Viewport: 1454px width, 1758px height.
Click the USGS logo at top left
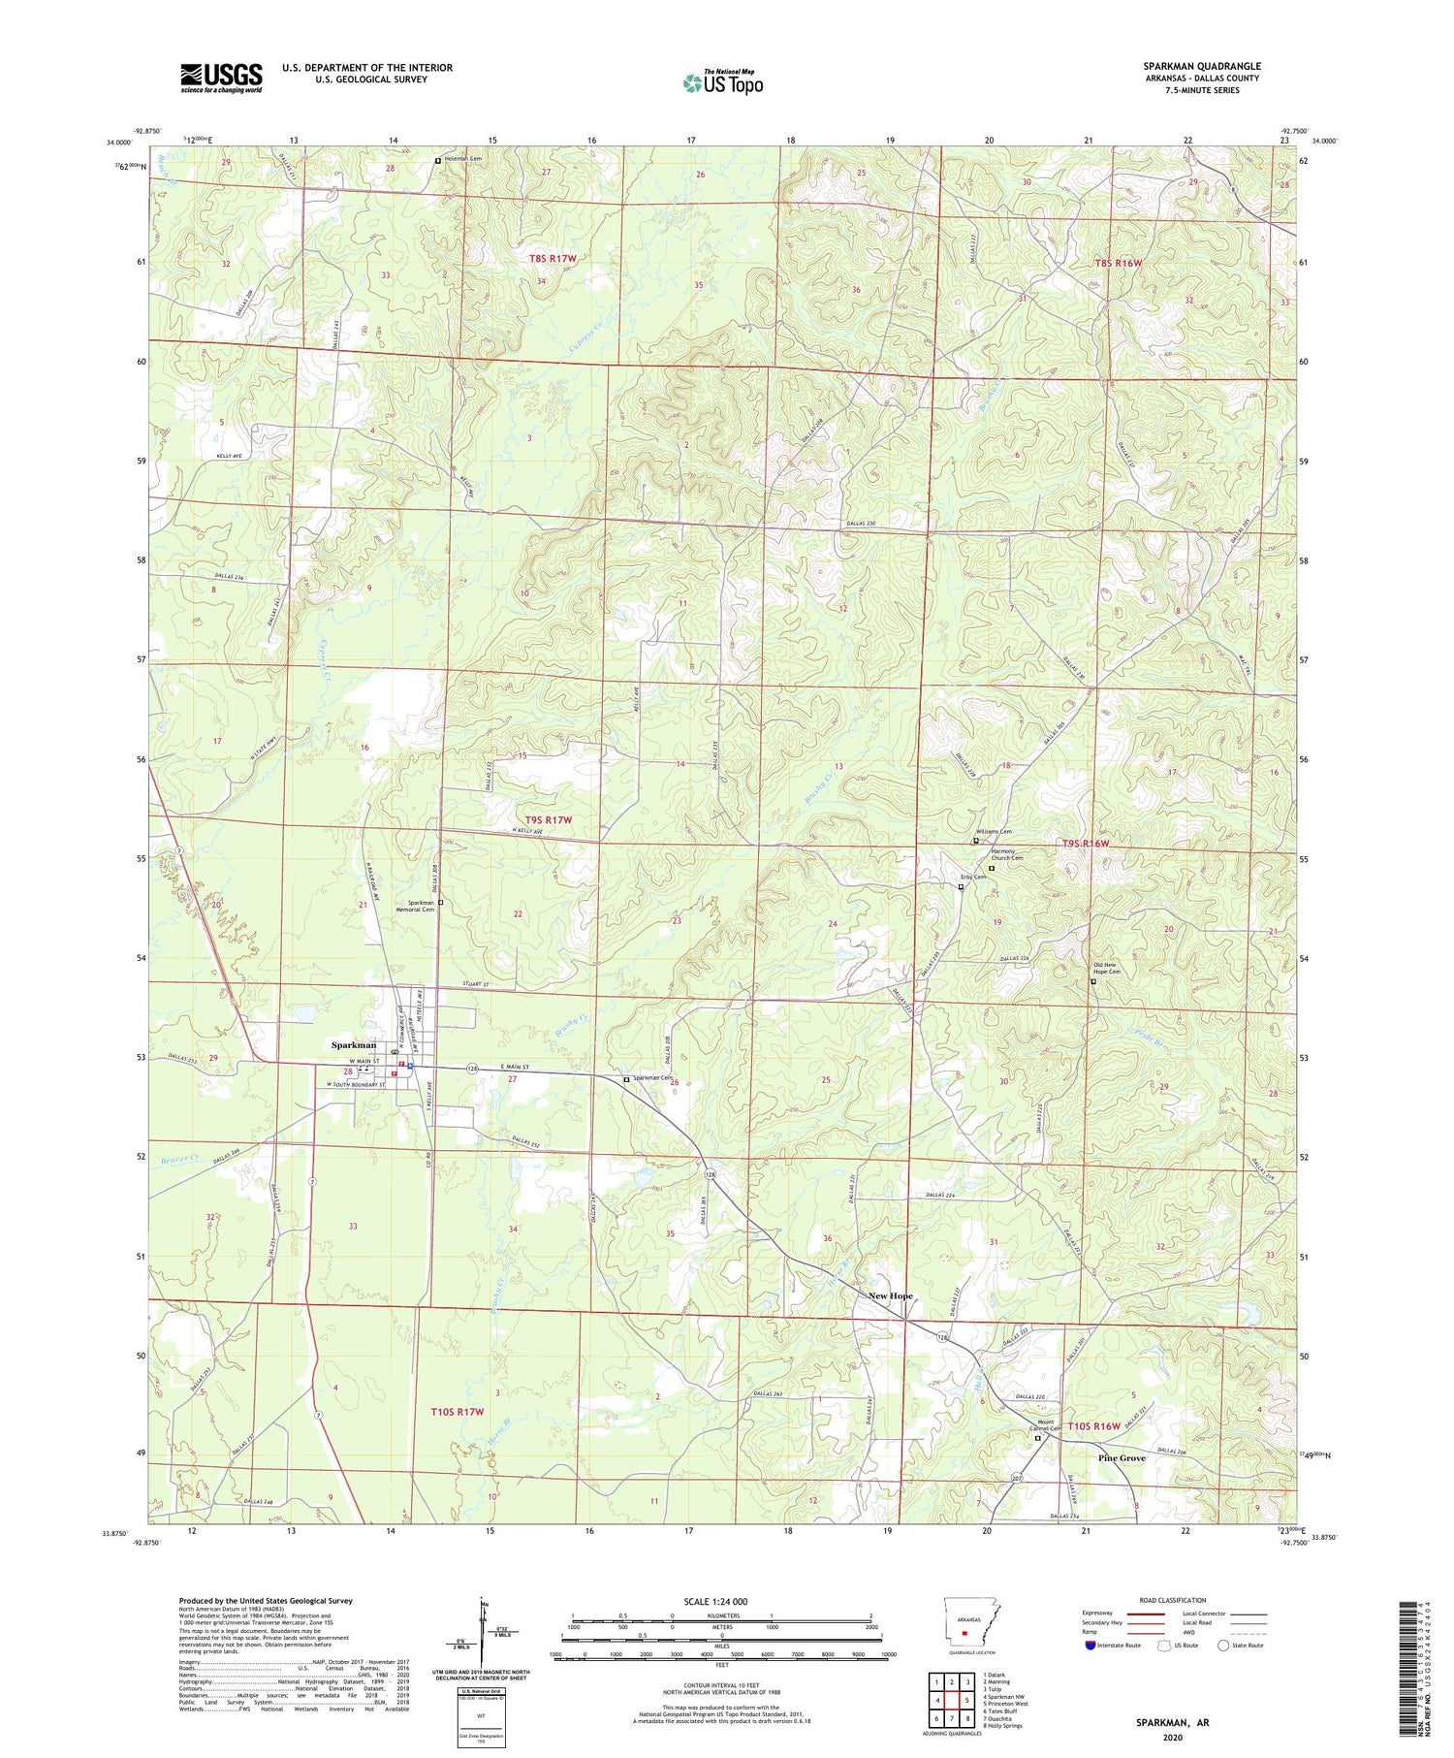click(x=221, y=78)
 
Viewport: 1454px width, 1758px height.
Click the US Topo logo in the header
click(x=722, y=82)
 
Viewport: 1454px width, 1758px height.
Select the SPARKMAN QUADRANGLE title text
click(x=1201, y=66)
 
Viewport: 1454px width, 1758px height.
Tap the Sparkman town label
click(x=354, y=1045)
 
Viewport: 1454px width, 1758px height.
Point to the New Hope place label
click(x=890, y=1296)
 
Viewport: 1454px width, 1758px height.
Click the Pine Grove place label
click(x=1122, y=1458)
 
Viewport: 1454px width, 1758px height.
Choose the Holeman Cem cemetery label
click(x=462, y=159)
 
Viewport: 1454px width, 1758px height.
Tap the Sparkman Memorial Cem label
click(x=417, y=906)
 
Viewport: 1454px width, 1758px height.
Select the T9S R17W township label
click(x=549, y=819)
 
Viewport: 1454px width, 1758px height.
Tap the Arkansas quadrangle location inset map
click(x=964, y=1630)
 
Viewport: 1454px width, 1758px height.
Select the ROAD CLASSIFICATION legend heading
click(x=1173, y=1600)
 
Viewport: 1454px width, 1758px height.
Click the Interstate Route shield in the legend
click(x=1090, y=1646)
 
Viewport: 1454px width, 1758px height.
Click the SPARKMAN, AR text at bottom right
click(x=1173, y=1722)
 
